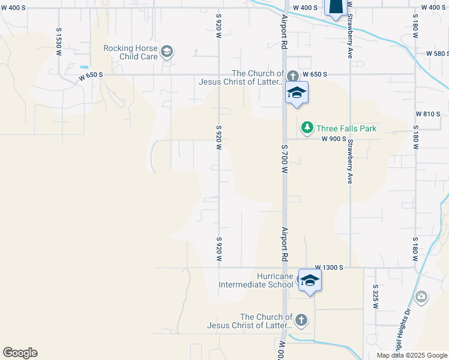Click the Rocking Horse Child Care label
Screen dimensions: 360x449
(130, 52)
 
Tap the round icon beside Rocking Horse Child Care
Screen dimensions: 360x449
(167, 52)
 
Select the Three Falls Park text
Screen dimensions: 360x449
(346, 128)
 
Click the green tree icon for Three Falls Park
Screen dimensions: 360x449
(307, 127)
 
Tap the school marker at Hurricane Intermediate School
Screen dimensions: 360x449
(309, 280)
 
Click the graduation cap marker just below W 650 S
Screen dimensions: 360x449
(296, 92)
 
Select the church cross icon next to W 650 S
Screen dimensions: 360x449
(292, 76)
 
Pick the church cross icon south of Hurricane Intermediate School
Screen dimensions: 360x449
(301, 320)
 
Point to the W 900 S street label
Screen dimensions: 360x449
(334, 139)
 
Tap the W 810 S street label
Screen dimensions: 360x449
(427, 113)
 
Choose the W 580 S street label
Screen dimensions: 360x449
(438, 53)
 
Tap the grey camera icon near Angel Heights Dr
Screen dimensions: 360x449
(421, 296)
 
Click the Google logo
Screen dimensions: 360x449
(20, 353)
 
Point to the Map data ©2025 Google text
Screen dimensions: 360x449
(411, 355)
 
